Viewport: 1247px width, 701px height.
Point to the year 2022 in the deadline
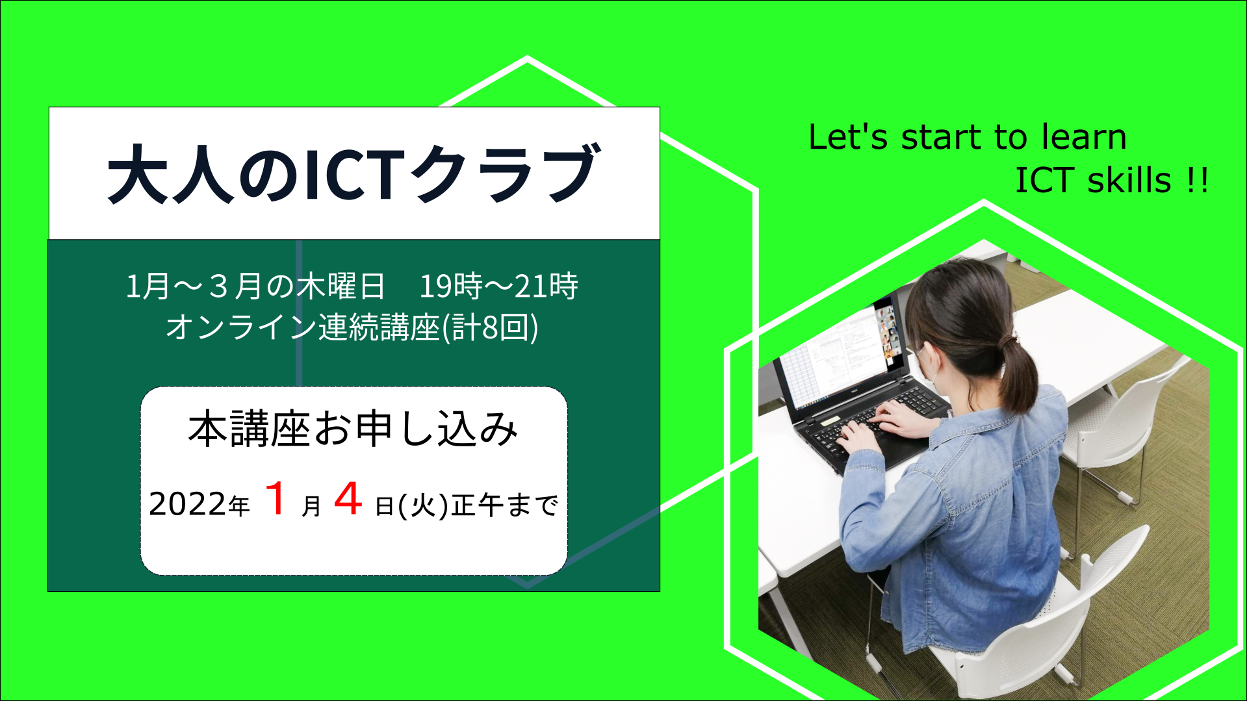click(188, 504)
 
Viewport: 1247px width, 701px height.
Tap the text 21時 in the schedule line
click(546, 286)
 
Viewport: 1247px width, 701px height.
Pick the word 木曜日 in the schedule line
click(341, 286)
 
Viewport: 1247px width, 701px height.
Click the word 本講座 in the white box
click(248, 429)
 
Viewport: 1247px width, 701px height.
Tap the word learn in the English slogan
click(1084, 137)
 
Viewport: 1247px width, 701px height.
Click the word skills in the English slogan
click(1129, 180)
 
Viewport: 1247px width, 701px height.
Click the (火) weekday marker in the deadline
click(424, 505)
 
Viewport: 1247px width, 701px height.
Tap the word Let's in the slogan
click(848, 137)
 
